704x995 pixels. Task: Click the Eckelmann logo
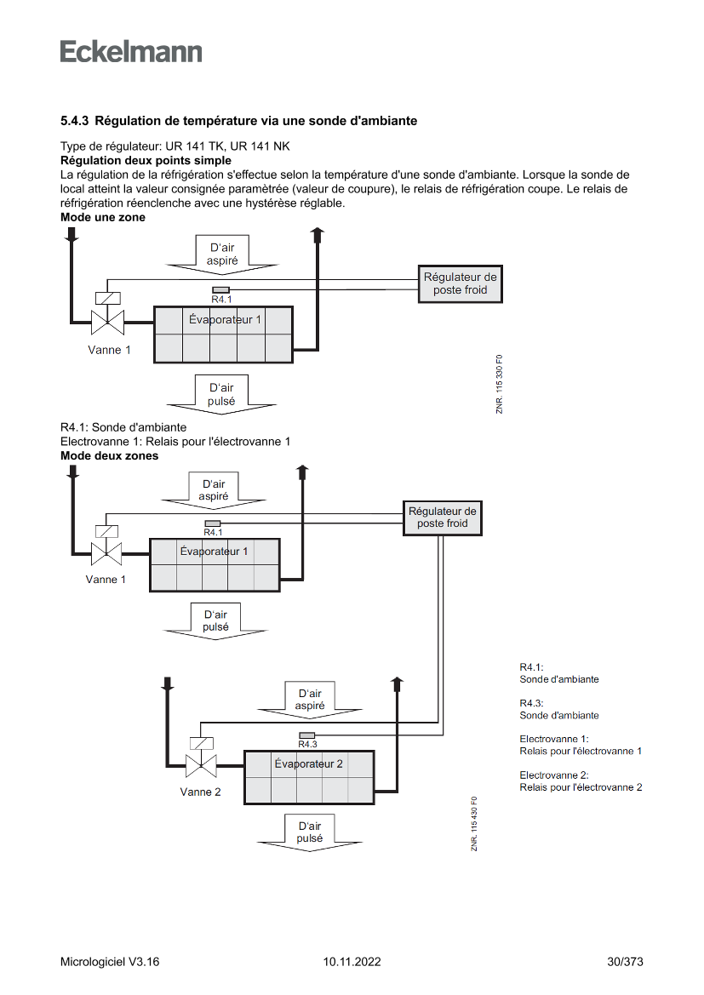tap(131, 51)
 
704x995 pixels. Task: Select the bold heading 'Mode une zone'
tap(102, 217)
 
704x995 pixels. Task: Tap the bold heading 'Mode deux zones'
tap(109, 455)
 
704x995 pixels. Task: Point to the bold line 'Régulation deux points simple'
tap(146, 160)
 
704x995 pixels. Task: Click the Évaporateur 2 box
tap(309, 777)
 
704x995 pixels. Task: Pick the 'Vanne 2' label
tap(200, 792)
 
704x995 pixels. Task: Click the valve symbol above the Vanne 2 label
tap(201, 763)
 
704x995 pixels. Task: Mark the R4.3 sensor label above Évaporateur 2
tap(307, 744)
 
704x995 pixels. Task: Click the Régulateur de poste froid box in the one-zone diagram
tap(461, 283)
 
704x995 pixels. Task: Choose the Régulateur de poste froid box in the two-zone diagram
tap(443, 518)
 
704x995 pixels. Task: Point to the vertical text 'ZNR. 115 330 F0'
tap(500, 384)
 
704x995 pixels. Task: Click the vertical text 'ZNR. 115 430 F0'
tap(474, 823)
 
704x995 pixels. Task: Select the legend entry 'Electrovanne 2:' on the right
tap(554, 775)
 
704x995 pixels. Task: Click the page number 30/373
tap(625, 962)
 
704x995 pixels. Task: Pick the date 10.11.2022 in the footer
tap(352, 962)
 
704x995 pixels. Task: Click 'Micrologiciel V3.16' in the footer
tap(110, 962)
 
